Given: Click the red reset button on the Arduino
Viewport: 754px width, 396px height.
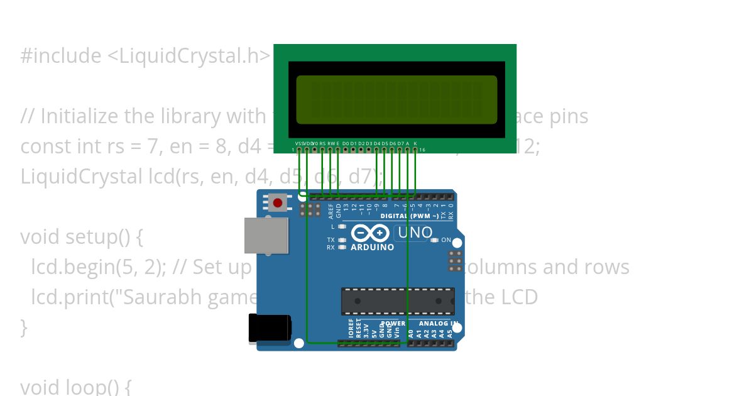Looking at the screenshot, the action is [278, 202].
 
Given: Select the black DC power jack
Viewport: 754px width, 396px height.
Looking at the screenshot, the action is [270, 328].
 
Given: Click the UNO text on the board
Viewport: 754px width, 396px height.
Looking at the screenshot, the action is [415, 233].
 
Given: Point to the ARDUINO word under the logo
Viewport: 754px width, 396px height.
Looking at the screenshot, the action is [373, 247].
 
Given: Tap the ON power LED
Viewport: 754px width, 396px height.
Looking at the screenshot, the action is [434, 240].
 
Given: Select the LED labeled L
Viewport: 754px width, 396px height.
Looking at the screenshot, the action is [342, 226].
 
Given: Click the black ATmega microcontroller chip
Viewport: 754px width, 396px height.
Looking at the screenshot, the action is [397, 301].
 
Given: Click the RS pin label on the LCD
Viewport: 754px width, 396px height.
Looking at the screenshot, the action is [322, 143].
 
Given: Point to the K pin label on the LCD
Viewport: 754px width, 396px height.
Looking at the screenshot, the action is [415, 143].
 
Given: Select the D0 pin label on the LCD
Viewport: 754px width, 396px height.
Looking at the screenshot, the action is [346, 143].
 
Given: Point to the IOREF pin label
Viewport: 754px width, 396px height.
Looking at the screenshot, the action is [351, 329].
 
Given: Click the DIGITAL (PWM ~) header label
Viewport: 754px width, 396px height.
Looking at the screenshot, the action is [409, 216].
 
